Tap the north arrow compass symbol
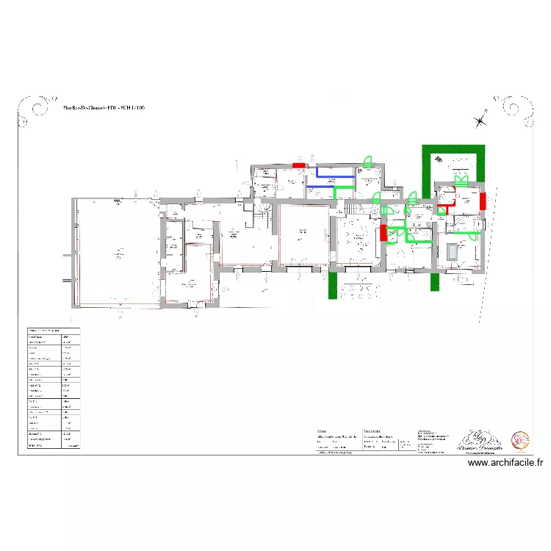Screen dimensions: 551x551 [x=480, y=120]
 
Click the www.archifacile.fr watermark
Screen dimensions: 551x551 [x=505, y=463]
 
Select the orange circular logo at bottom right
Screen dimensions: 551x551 [x=521, y=440]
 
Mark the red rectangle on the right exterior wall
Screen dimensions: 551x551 [x=482, y=201]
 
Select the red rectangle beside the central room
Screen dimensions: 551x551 [x=383, y=234]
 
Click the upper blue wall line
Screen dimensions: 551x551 [x=334, y=176]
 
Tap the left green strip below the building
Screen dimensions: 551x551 [x=333, y=285]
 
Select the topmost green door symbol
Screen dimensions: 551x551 [x=370, y=161]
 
